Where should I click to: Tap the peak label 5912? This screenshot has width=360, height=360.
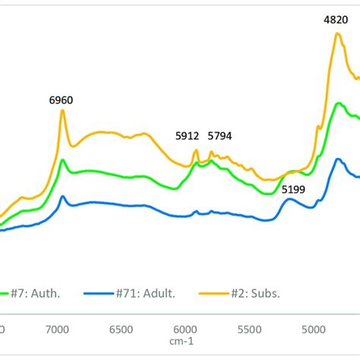[x=187, y=137]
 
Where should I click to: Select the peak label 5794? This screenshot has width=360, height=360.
[x=220, y=137]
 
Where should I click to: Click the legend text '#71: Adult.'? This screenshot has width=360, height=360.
[x=134, y=292]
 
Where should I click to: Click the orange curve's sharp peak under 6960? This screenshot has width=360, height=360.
[x=63, y=111]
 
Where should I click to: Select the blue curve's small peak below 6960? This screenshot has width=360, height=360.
[x=64, y=197]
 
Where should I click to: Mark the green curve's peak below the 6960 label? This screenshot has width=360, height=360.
[x=64, y=159]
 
